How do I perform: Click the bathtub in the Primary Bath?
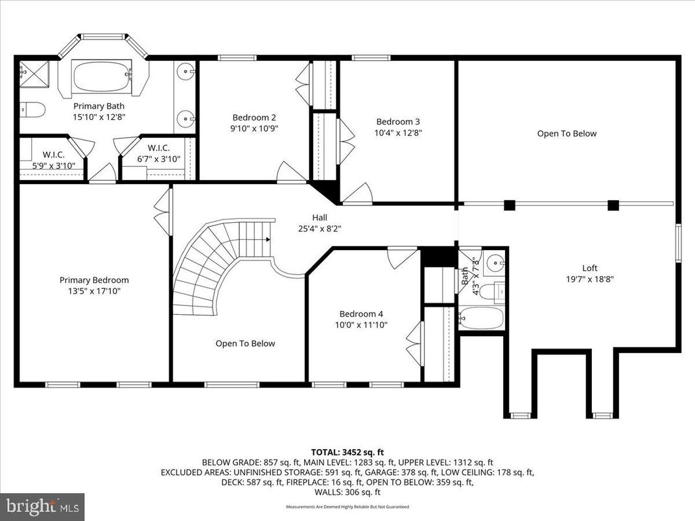click(103, 76)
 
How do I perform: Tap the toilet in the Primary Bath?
click(32, 110)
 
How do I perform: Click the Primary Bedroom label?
click(94, 280)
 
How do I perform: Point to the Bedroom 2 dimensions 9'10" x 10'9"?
click(254, 128)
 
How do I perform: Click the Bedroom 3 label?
click(398, 121)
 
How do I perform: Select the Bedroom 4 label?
click(360, 314)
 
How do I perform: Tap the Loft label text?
click(589, 268)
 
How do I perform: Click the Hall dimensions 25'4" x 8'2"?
click(319, 229)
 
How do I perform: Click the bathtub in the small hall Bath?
click(481, 318)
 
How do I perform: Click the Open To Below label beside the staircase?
click(245, 343)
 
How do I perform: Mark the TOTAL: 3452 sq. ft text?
click(347, 452)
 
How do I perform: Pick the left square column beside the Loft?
click(510, 205)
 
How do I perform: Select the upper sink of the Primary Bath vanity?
click(187, 70)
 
